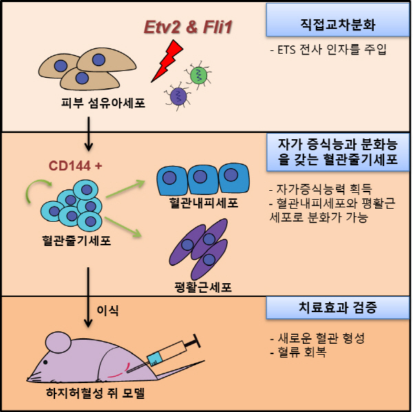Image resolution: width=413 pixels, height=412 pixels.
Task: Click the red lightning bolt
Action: pos(167,61)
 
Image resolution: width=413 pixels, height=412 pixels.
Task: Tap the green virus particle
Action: pos(198,75)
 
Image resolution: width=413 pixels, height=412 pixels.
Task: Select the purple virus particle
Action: pos(178,96)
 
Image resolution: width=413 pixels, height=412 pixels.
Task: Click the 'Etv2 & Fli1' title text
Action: pos(188,27)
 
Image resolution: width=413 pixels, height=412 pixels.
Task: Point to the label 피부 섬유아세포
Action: pos(103,103)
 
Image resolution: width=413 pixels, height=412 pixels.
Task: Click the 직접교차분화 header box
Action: pos(338,20)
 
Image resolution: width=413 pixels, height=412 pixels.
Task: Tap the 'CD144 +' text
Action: pos(75,166)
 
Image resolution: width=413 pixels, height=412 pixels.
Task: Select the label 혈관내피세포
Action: pos(204,203)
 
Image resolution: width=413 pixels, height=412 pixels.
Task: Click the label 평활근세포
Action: pos(203,287)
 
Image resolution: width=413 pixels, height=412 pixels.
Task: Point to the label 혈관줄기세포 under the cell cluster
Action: pos(76,240)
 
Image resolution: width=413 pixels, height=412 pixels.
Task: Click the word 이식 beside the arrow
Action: pos(107,310)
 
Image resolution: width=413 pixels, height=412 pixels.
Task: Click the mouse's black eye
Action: pos(45,362)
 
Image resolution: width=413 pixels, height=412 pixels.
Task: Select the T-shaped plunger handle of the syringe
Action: pos(192,342)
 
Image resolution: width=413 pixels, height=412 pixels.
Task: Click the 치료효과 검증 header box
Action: pos(338,307)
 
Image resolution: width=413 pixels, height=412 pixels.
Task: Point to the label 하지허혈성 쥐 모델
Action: pos(96,393)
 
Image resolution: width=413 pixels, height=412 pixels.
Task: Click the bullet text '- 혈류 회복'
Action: pos(299,351)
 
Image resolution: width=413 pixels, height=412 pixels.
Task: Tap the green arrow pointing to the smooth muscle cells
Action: pos(123,227)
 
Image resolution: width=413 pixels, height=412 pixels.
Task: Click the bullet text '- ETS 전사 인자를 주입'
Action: pos(328,50)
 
